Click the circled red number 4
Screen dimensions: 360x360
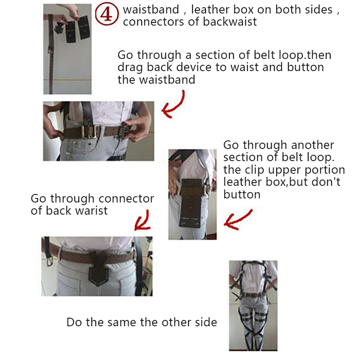pos(107,14)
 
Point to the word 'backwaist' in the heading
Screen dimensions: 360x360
pos(229,22)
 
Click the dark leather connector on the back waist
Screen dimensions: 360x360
pos(99,268)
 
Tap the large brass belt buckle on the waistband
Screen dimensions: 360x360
pos(88,132)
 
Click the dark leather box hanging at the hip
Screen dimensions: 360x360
pos(190,203)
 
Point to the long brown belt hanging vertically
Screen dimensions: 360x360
pos(51,54)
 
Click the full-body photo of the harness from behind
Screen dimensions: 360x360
pos(253,306)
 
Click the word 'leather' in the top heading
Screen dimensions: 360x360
pos(211,9)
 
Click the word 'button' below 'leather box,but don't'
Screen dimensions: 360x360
pos(242,195)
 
